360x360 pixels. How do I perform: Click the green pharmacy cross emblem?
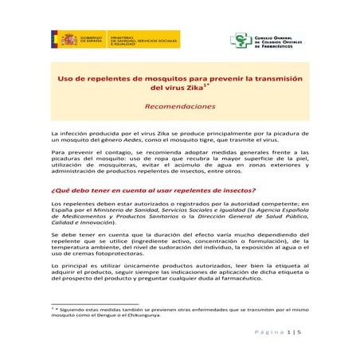(237, 40)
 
